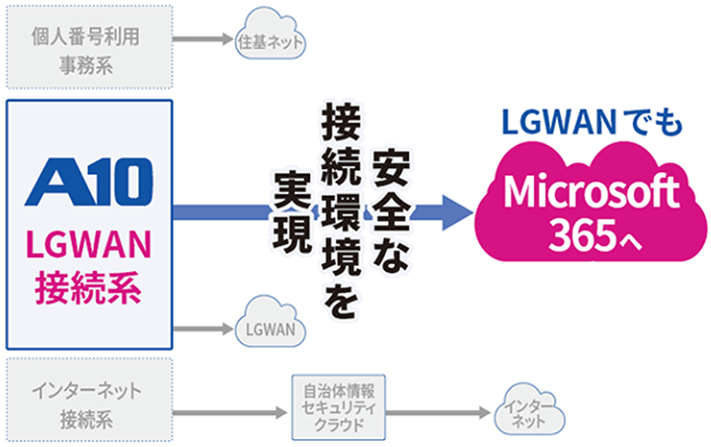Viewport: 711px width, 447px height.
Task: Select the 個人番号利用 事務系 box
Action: click(89, 44)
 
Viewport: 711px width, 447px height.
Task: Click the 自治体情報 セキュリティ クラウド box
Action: click(341, 405)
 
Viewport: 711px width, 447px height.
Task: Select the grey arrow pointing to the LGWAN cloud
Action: click(203, 327)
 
